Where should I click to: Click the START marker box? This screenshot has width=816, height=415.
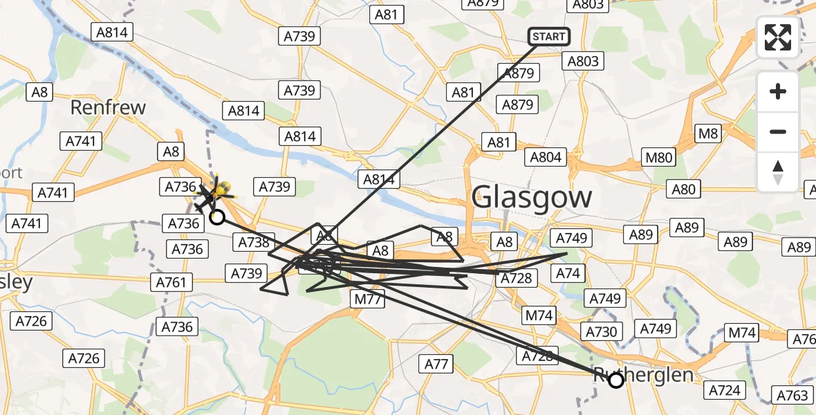[549, 36]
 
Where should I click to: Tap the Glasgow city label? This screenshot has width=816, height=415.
[532, 198]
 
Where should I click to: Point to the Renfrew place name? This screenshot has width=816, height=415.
[109, 108]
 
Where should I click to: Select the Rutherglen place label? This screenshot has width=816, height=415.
[643, 375]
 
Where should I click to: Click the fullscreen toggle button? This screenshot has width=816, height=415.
[778, 37]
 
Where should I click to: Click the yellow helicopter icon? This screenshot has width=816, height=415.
[221, 189]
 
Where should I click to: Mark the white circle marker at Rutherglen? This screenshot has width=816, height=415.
[615, 380]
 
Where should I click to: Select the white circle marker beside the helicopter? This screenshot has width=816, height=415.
[216, 217]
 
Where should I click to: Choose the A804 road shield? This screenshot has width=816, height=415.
[545, 157]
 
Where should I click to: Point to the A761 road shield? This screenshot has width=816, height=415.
[171, 282]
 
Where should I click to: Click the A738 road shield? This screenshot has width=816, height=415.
[254, 242]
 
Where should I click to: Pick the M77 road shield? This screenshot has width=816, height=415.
[367, 298]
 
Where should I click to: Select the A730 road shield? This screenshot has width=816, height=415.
[601, 332]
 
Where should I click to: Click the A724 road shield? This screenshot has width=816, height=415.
[724, 390]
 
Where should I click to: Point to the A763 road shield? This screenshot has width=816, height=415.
[792, 396]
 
